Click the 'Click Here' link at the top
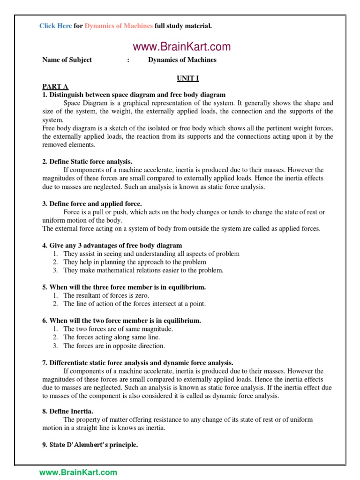(x=55, y=26)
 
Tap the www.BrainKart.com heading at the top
(x=181, y=46)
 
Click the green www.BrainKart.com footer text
(x=78, y=472)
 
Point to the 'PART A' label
(x=55, y=86)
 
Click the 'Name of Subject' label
(x=67, y=60)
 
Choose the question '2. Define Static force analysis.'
(x=87, y=162)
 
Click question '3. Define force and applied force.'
(x=92, y=204)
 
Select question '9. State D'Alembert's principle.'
(x=90, y=445)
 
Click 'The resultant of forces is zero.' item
(x=106, y=295)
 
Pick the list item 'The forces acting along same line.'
(x=112, y=337)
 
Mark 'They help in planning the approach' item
(x=135, y=262)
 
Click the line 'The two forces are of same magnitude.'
(x=118, y=329)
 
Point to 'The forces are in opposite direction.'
(x=114, y=346)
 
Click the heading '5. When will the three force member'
(x=124, y=287)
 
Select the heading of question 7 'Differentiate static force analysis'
(x=138, y=363)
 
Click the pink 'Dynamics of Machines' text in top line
(x=119, y=26)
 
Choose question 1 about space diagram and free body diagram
(x=134, y=95)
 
